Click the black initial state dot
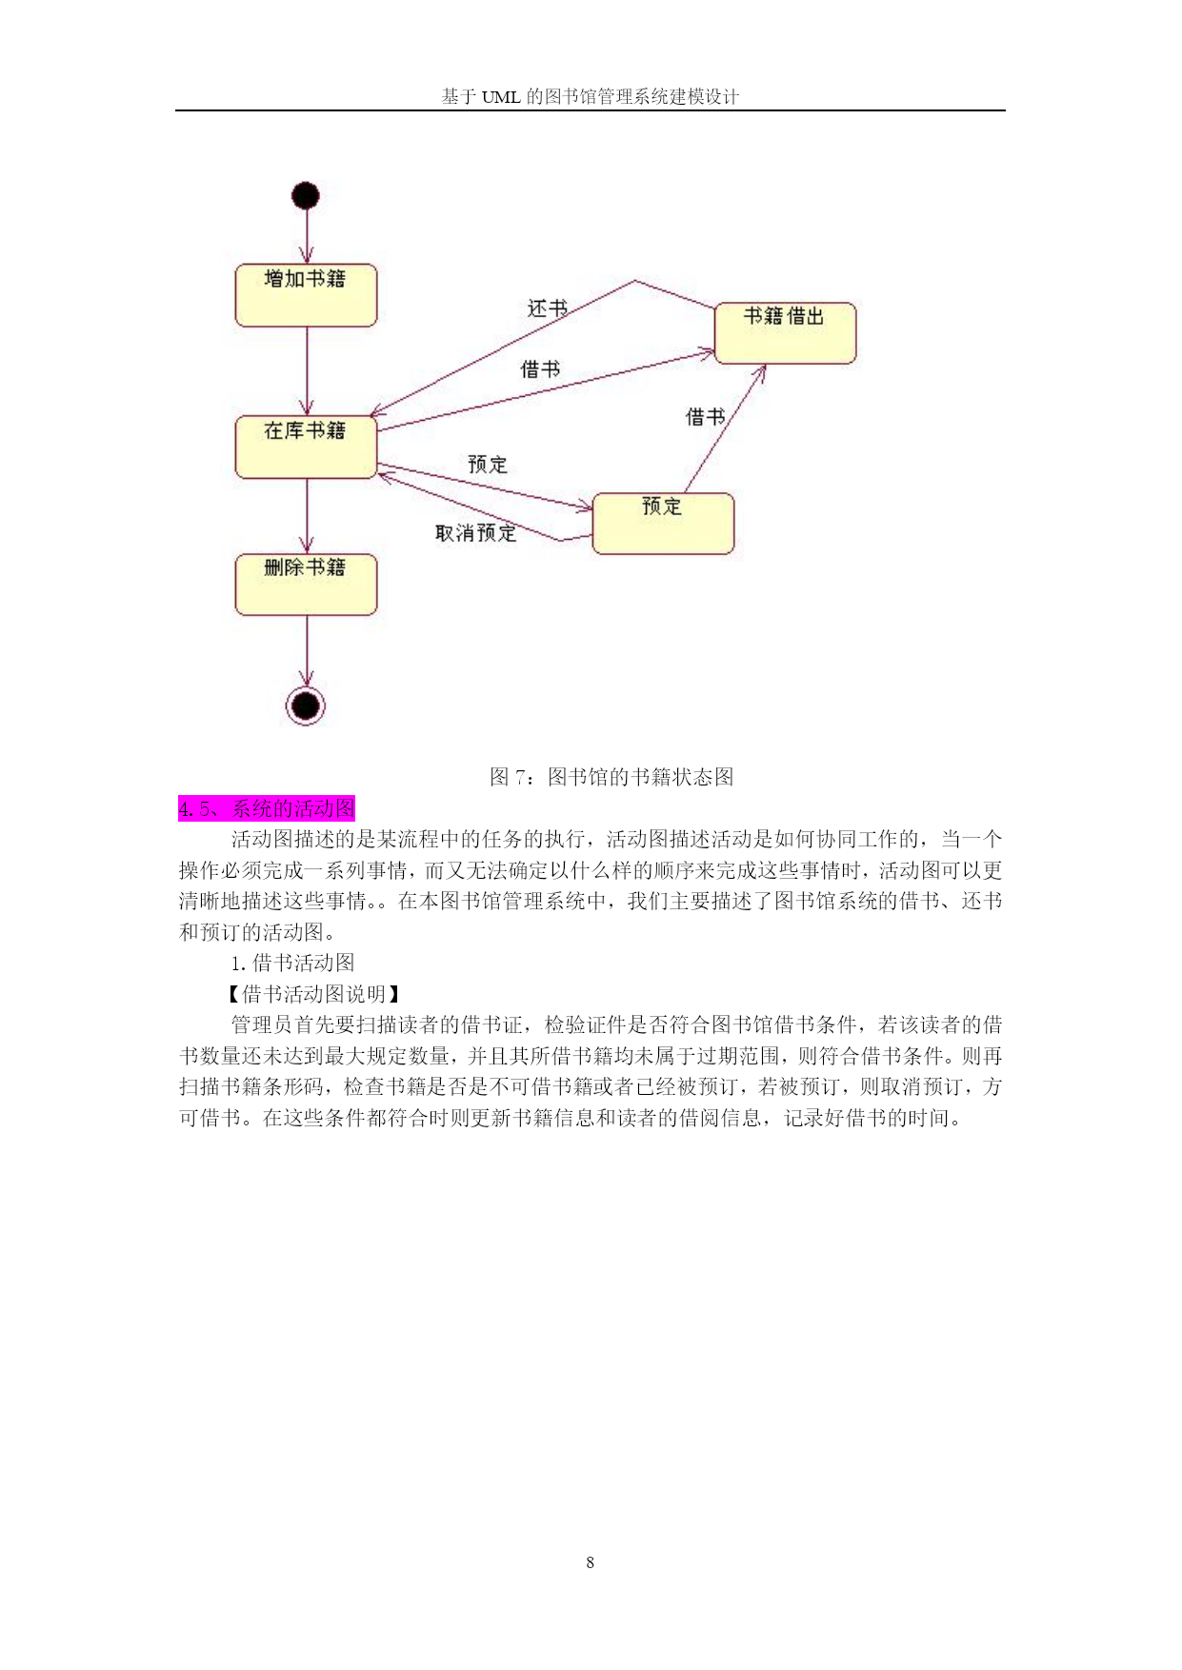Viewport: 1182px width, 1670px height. click(305, 196)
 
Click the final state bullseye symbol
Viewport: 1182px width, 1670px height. click(306, 706)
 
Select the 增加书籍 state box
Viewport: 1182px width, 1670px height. click(307, 295)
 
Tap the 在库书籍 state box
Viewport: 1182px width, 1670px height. click(307, 447)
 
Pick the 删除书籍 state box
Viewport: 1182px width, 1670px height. click(307, 585)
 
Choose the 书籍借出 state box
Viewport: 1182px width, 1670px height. click(786, 333)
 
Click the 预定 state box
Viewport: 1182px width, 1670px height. click(664, 524)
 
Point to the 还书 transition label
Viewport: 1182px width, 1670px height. click(548, 308)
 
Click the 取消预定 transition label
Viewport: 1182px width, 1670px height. click(476, 533)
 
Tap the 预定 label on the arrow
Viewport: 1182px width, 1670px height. click(488, 465)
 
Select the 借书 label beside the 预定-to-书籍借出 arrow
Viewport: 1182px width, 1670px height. click(706, 417)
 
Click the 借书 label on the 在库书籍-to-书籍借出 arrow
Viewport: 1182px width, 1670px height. click(540, 369)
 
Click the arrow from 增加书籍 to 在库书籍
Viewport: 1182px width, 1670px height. click(307, 371)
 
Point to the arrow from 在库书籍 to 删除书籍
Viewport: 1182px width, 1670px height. click(307, 516)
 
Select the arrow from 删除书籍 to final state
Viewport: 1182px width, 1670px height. click(307, 651)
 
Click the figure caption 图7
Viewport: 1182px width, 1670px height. click(611, 777)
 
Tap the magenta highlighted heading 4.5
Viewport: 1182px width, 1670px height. click(267, 808)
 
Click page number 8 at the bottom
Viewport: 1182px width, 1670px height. click(591, 1562)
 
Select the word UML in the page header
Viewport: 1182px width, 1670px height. click(501, 96)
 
